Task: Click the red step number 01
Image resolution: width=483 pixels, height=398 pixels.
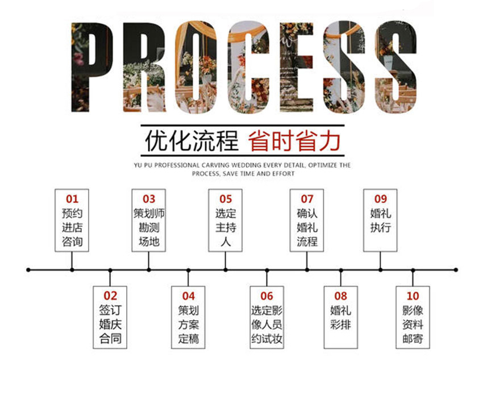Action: [72, 199]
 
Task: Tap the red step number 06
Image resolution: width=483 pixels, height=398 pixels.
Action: [267, 296]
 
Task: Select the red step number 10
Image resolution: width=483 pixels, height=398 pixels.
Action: [413, 296]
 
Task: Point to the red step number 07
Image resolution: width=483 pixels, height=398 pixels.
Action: [307, 199]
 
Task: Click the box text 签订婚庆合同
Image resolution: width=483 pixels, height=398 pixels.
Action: [110, 324]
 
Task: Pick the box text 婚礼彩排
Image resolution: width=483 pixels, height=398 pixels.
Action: [341, 317]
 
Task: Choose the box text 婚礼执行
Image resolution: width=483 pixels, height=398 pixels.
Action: [380, 221]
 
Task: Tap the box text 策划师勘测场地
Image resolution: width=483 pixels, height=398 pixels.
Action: [149, 227]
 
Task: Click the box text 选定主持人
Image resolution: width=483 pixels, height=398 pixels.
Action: [226, 227]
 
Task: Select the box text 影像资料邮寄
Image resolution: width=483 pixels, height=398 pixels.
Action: [413, 324]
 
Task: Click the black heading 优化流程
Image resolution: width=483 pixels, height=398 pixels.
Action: [191, 141]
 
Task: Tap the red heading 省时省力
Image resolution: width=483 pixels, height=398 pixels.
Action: [294, 141]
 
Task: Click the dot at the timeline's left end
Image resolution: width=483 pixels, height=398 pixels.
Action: [28, 270]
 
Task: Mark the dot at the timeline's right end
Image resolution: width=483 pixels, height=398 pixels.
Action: [456, 270]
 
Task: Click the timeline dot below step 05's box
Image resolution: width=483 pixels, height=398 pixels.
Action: [226, 270]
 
